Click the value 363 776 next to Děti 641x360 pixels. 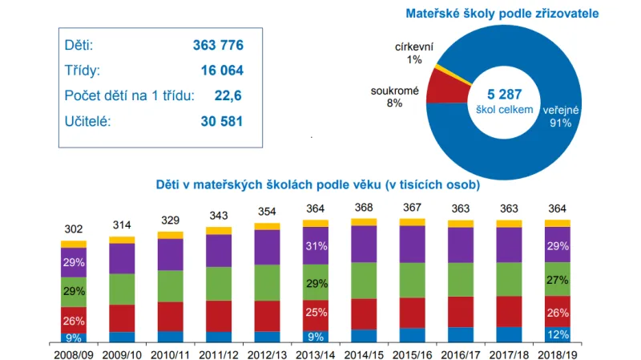point(218,45)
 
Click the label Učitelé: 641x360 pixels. point(89,122)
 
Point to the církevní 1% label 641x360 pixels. point(414,53)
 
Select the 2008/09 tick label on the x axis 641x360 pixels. point(74,352)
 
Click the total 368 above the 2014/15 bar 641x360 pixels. point(363,208)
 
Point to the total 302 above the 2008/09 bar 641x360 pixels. point(74,229)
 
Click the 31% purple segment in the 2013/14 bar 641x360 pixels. point(315,246)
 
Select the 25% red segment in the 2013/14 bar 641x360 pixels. point(315,313)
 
